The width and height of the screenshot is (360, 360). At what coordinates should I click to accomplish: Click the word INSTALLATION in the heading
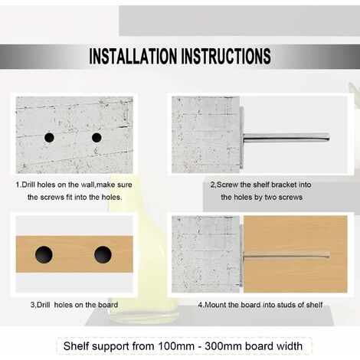click(137, 56)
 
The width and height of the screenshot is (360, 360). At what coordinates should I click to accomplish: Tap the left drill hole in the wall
click(49, 137)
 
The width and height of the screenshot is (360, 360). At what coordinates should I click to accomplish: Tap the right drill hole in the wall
click(97, 137)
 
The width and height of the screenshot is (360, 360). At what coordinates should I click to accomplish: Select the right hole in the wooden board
click(103, 255)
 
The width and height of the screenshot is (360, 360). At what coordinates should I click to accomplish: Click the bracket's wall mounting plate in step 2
click(244, 138)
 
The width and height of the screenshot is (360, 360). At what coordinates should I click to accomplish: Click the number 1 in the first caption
click(18, 185)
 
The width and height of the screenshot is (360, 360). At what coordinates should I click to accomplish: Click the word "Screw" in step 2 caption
click(230, 185)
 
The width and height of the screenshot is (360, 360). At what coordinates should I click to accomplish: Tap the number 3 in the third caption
click(33, 304)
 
